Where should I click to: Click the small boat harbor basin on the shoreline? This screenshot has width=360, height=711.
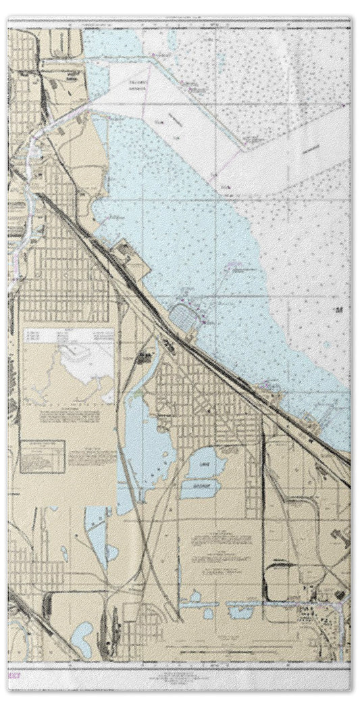[184, 313]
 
